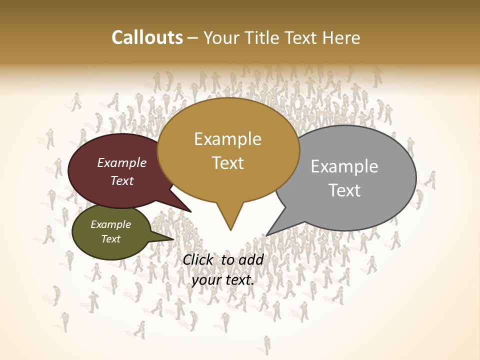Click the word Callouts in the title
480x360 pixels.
(147, 37)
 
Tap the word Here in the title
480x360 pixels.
(341, 37)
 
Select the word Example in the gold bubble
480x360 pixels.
(227, 139)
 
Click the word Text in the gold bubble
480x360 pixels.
(227, 163)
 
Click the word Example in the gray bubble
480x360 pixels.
(344, 166)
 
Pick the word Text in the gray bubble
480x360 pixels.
(344, 190)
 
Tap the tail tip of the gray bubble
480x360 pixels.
(267, 235)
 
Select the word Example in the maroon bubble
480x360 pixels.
(122, 163)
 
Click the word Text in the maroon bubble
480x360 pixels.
(122, 181)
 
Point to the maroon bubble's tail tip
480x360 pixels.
(191, 211)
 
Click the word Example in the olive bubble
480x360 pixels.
(110, 225)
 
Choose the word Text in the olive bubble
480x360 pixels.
(110, 239)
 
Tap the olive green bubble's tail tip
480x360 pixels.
(173, 239)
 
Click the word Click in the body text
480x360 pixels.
(198, 259)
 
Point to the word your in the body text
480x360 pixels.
(205, 280)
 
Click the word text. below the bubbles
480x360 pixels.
(239, 280)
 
